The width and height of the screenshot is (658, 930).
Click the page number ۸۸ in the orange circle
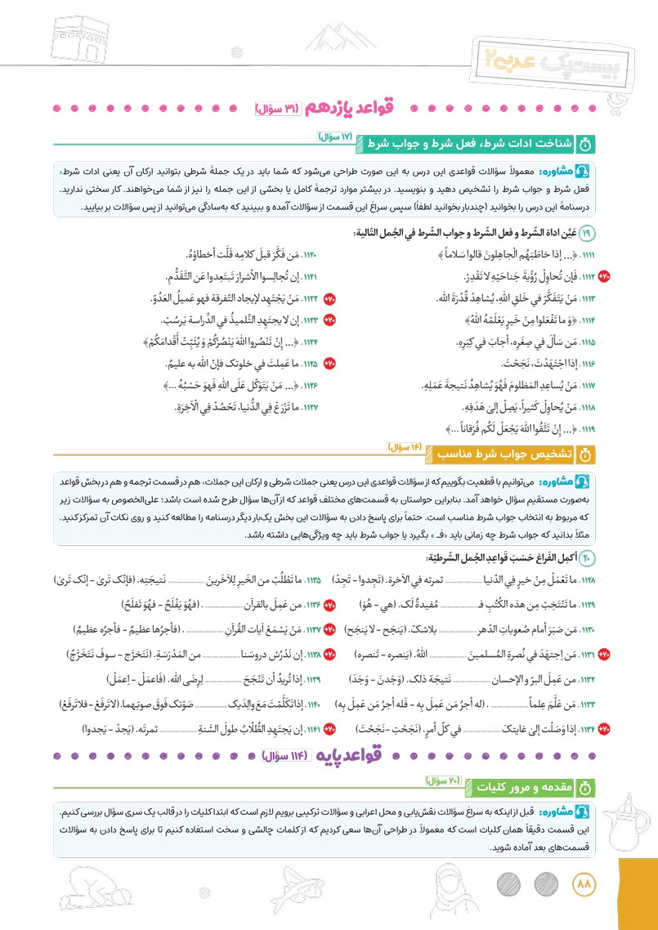pos(583,883)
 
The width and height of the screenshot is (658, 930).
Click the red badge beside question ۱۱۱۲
pos(604,275)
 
